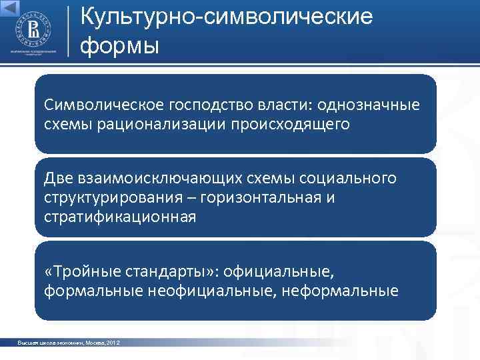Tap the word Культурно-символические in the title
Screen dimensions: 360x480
(x=226, y=17)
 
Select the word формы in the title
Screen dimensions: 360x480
(x=120, y=47)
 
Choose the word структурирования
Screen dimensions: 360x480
(x=113, y=197)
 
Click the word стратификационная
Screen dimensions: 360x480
(x=121, y=217)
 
